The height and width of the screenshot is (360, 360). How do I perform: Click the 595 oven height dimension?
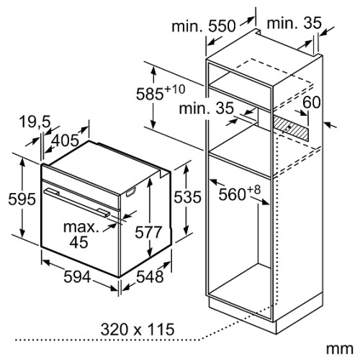(x=22, y=199)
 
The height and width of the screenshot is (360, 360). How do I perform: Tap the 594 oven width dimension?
(x=77, y=276)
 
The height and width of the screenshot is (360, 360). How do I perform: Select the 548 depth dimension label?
(x=150, y=276)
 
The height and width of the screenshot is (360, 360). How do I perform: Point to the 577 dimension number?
(x=148, y=233)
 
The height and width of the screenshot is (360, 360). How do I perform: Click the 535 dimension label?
(x=187, y=197)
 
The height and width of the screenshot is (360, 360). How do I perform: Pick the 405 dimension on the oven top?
(x=65, y=140)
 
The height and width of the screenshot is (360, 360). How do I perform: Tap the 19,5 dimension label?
(x=35, y=122)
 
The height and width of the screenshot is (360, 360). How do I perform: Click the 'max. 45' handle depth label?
(x=81, y=235)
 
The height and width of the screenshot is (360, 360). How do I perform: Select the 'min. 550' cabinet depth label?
(x=204, y=26)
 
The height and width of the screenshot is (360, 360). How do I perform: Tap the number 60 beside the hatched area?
(x=312, y=102)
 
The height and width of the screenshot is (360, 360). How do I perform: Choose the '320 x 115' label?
(x=138, y=329)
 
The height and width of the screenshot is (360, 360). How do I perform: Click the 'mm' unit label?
(x=340, y=348)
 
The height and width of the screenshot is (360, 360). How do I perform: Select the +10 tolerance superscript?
(x=174, y=89)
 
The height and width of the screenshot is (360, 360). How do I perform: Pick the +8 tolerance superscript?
(x=253, y=190)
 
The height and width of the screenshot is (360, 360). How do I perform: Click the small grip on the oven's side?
(x=131, y=192)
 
